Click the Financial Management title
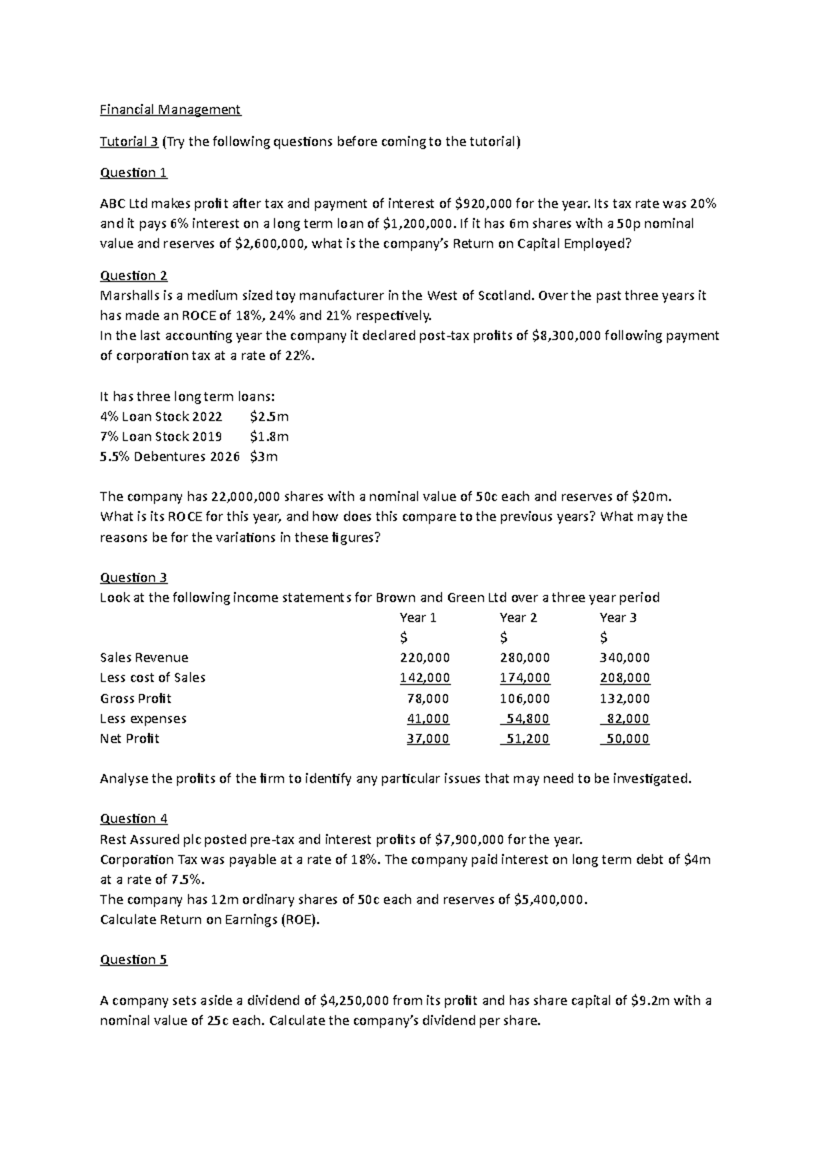point(170,109)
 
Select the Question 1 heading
point(134,173)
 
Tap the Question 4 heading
point(134,819)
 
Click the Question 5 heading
point(134,960)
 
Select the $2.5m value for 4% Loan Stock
point(269,417)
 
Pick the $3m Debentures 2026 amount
point(264,456)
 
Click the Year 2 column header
point(518,618)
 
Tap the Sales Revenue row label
point(144,657)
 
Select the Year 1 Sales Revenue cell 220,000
point(425,657)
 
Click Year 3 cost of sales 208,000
point(624,677)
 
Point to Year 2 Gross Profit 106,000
point(525,698)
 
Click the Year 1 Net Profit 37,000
point(427,739)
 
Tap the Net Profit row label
point(129,739)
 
